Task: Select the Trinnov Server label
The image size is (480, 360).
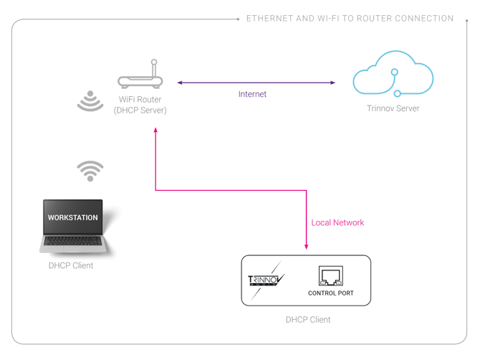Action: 393,108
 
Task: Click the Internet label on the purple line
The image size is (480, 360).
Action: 252,94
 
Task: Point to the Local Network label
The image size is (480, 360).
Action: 338,223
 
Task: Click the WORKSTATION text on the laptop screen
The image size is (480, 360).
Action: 72,217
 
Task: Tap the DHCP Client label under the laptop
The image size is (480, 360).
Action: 71,266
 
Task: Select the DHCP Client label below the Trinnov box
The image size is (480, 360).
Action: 308,319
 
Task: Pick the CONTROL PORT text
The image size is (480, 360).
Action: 330,293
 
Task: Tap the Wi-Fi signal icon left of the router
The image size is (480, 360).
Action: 90,100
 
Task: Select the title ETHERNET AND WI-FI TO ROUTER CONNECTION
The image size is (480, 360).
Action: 350,18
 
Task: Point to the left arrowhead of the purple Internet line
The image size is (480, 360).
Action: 180,82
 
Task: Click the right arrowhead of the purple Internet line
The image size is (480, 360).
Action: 333,82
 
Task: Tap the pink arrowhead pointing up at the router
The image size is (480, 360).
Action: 155,131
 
